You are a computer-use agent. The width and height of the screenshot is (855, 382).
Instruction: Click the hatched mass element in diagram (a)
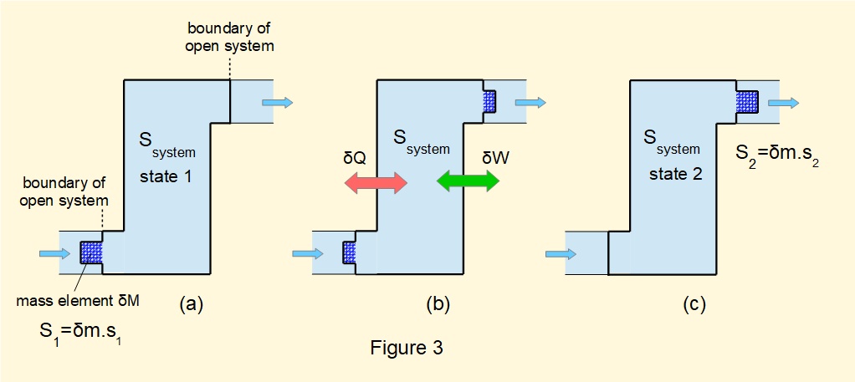tap(90, 252)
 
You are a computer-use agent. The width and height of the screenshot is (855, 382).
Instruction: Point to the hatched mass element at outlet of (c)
tap(746, 102)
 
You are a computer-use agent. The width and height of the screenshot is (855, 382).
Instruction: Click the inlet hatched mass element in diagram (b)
tap(350, 252)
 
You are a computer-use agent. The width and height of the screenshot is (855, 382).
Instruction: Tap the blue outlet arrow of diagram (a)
tap(277, 102)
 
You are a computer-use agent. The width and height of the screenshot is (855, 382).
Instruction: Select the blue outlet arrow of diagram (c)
tap(783, 102)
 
